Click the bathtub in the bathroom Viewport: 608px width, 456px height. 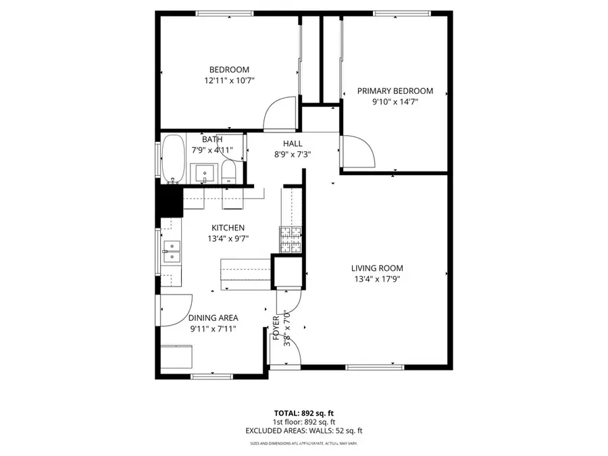(173, 159)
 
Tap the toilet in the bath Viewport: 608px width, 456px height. (229, 172)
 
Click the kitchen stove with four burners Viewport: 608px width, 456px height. (290, 240)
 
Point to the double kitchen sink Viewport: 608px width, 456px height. (171, 252)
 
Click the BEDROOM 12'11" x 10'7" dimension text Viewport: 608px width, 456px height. (229, 80)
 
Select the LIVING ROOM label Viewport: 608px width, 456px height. (377, 268)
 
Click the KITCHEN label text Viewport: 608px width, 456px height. (228, 228)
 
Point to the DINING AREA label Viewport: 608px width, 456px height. (213, 318)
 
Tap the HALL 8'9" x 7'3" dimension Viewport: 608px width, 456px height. (293, 153)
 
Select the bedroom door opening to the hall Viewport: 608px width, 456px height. (279, 113)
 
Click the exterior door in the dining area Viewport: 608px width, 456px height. (172, 311)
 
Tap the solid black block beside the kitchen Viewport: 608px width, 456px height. (169, 201)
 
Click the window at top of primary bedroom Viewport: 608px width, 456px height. (402, 13)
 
